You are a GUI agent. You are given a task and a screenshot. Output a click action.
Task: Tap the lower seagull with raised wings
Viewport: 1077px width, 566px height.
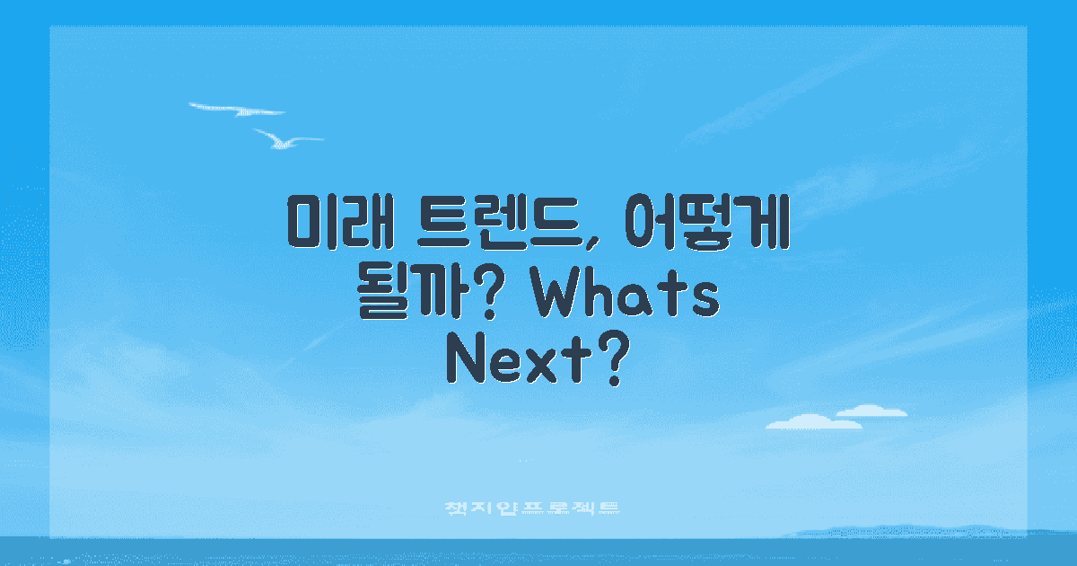pyautogui.click(x=285, y=139)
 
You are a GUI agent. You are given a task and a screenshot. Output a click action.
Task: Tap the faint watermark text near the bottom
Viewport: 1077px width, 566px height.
pyautogui.click(x=533, y=509)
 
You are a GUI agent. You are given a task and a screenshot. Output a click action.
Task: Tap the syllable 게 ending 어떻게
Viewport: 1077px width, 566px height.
pyautogui.click(x=763, y=220)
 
